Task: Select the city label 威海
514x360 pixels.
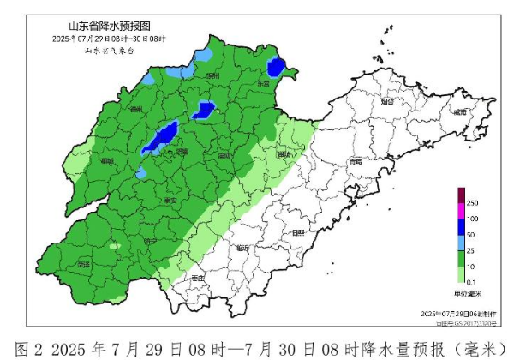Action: pos(461,112)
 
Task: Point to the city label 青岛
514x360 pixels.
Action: pos(356,161)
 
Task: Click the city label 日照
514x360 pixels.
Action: pos(297,232)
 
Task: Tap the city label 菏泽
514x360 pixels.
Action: pos(83,265)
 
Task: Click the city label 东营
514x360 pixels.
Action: pos(263,84)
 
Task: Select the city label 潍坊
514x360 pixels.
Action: pos(285,154)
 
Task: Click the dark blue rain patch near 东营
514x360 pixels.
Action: pos(276,67)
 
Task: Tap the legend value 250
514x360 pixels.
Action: pos(472,202)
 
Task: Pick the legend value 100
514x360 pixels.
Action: pos(472,219)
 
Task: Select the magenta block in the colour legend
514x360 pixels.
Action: pos(460,210)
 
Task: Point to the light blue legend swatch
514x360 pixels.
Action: pos(460,242)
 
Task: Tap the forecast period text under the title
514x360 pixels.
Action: pos(109,39)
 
